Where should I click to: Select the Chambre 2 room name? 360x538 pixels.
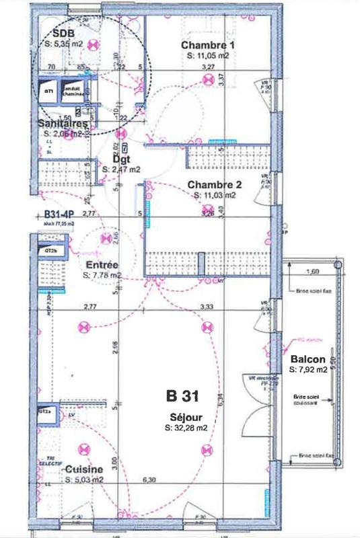pyautogui.click(x=214, y=184)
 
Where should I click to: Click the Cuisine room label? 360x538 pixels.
pyautogui.click(x=84, y=469)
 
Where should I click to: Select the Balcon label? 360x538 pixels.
pyautogui.click(x=308, y=359)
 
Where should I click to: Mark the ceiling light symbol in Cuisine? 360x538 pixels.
pyautogui.click(x=85, y=448)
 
